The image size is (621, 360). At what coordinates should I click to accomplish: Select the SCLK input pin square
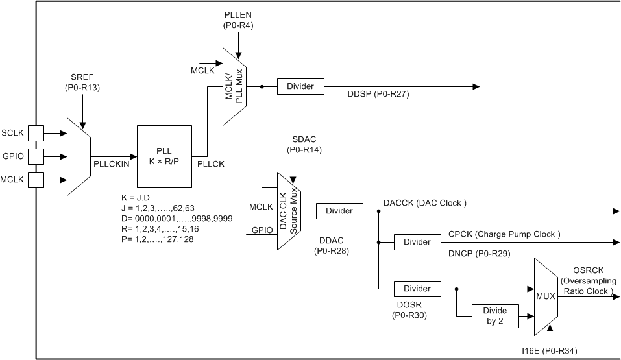coord(35,133)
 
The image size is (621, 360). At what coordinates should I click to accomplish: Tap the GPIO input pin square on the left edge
coord(35,156)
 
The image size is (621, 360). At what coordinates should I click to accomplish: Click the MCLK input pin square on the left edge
coord(35,178)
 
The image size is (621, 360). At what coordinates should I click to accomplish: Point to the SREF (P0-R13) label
coord(82,82)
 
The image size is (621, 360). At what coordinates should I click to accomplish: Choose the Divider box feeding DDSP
coord(300,86)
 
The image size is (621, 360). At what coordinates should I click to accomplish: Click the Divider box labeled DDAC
coord(339,211)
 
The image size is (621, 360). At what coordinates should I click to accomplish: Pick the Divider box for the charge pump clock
coord(417,242)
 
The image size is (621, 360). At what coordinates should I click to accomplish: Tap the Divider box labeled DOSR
coord(417,289)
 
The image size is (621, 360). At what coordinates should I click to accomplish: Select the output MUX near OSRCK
coord(546,296)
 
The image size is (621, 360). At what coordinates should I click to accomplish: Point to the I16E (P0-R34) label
coord(549,351)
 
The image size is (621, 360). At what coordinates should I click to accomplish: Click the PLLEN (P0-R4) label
coord(237,20)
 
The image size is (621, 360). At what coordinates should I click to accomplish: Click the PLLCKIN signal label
coord(112,164)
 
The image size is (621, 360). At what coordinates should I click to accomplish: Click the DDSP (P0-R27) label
coord(378,94)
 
